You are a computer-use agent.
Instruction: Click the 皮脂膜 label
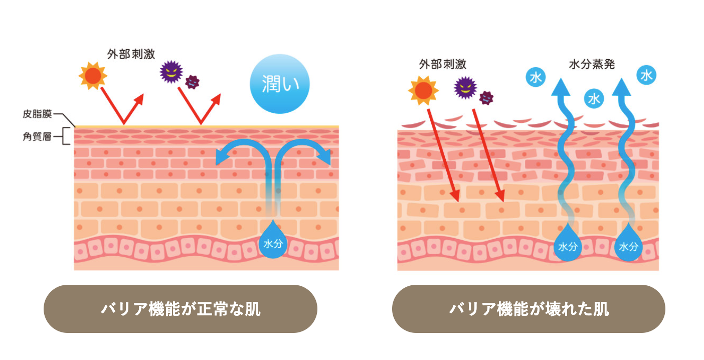click(x=37, y=114)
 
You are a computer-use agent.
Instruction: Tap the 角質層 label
click(x=37, y=137)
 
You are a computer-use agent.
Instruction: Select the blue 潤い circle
click(x=279, y=84)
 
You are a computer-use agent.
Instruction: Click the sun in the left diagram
click(x=93, y=76)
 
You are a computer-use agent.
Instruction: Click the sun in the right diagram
click(x=423, y=90)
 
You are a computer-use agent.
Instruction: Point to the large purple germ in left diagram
click(x=171, y=72)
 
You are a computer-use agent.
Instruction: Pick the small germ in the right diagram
click(x=486, y=98)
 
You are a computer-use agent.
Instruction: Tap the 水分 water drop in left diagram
click(x=273, y=240)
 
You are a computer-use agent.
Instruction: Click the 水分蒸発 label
click(x=592, y=64)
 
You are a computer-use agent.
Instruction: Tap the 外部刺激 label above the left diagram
click(x=131, y=54)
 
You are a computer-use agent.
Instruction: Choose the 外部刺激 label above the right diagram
click(x=443, y=64)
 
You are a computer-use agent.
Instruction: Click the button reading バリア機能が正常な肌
click(x=181, y=309)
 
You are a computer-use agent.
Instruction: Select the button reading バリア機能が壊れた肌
click(x=529, y=309)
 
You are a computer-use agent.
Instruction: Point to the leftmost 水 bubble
click(x=536, y=77)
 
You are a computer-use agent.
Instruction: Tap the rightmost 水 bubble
click(x=646, y=75)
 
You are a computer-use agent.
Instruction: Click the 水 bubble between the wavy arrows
click(x=594, y=99)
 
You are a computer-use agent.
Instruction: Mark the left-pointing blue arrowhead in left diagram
click(x=223, y=156)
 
